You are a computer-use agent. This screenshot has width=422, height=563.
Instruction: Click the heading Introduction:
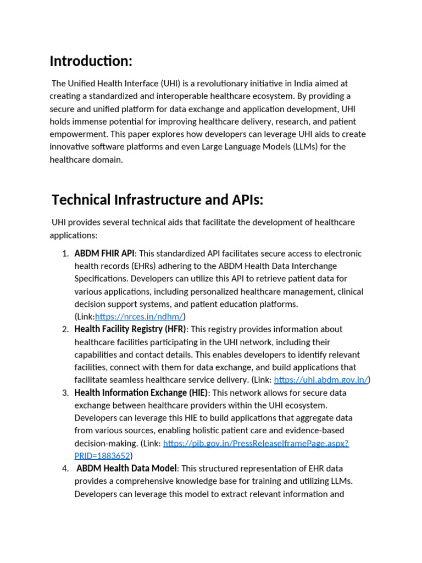click(x=91, y=60)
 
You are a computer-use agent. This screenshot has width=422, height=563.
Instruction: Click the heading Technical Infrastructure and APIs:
click(x=157, y=200)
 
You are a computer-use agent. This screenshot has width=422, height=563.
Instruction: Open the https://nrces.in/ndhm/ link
click(x=139, y=316)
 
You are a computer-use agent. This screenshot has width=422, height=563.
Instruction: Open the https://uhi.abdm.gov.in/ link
click(x=320, y=379)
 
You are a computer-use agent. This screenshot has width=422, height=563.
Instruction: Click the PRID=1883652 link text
click(x=102, y=455)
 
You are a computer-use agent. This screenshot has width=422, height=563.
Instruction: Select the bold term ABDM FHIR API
click(x=104, y=253)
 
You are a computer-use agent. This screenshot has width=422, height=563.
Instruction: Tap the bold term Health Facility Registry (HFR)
click(x=131, y=329)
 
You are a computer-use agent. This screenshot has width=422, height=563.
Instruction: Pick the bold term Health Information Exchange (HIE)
click(x=141, y=393)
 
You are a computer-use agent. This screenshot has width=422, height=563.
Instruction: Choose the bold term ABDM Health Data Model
click(x=126, y=468)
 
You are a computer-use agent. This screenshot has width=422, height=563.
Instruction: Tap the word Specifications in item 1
click(x=101, y=279)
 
